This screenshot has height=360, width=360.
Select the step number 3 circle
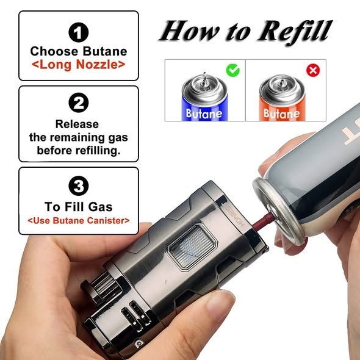[x=79, y=185]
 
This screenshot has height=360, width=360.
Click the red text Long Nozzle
[x=78, y=63]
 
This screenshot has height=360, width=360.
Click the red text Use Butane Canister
[x=79, y=220]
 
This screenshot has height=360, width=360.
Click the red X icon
[x=313, y=70]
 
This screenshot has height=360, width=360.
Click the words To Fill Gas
[x=79, y=207]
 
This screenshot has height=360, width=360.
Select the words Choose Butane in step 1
[x=78, y=51]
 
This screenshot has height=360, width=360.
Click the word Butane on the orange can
[x=281, y=113]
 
